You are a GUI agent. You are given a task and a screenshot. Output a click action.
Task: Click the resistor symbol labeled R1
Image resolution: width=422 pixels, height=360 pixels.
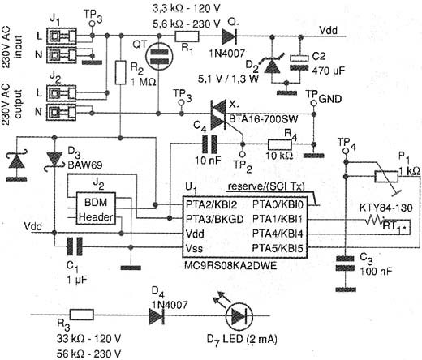(187, 36)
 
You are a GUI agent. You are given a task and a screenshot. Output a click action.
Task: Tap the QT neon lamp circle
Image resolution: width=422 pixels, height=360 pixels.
(159, 57)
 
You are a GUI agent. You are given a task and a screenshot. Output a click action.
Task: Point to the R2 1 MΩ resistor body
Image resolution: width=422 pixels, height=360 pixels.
(121, 72)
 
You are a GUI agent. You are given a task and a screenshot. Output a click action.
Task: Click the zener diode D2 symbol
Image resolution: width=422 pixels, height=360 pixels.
(272, 65)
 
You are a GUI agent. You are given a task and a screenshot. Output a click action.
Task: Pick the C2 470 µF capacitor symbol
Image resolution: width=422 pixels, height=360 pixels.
(299, 62)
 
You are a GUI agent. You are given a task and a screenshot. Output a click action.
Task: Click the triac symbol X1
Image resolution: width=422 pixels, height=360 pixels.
(218, 114)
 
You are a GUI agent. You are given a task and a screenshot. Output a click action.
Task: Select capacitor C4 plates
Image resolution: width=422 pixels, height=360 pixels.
(209, 144)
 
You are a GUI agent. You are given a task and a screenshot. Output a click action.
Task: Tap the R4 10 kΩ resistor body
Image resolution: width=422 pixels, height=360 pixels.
(280, 144)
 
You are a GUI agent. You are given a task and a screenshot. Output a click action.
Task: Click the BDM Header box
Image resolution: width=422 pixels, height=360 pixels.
(96, 208)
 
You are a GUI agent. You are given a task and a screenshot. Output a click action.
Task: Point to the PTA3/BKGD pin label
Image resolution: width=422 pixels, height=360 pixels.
(214, 219)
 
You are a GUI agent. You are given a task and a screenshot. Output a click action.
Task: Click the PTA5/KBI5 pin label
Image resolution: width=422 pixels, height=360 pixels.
(278, 248)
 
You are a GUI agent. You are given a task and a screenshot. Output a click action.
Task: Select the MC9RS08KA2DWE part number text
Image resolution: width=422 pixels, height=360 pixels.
(230, 266)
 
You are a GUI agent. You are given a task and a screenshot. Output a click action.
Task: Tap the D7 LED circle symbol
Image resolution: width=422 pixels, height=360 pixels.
(239, 315)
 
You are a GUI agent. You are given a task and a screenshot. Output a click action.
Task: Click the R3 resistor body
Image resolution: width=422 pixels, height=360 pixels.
(82, 315)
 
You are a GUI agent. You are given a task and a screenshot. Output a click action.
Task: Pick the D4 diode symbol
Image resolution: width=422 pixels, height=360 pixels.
(157, 315)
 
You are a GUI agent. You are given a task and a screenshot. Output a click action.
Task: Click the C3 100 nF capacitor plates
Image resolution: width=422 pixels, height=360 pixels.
(345, 264)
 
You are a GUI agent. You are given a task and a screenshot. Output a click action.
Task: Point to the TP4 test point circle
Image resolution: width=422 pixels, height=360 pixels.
(345, 151)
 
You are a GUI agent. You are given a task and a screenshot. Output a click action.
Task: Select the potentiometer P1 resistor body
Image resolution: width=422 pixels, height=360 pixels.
(386, 177)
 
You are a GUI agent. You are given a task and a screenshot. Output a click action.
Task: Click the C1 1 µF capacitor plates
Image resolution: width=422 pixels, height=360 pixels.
(75, 246)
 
